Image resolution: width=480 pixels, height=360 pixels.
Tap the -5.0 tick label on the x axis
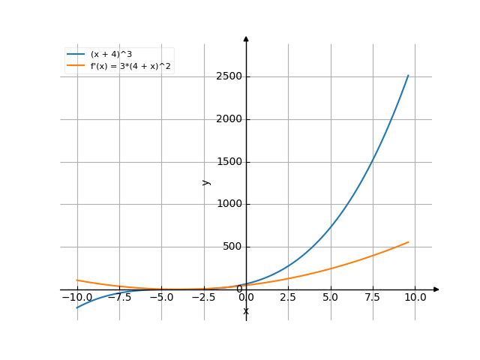[161, 298]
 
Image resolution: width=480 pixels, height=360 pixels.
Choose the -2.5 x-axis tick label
[203, 298]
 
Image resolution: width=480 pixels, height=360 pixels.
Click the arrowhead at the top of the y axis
[246, 37]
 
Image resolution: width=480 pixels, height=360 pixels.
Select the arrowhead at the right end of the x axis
[436, 289]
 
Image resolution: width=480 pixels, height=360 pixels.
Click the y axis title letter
[206, 182]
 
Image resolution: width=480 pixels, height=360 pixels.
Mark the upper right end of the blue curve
[409, 75]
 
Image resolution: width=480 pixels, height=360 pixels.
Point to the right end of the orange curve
[409, 241]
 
